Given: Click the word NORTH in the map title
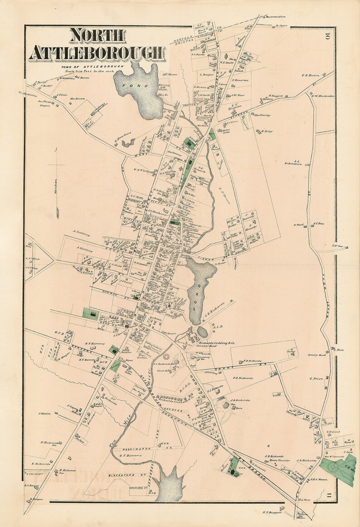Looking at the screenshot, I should pyautogui.click(x=97, y=36).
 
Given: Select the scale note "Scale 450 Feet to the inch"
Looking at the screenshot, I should pyautogui.click(x=85, y=71).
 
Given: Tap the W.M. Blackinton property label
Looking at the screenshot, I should pyautogui.click(x=323, y=95).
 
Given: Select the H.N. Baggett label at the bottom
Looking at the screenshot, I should pyautogui.click(x=272, y=513).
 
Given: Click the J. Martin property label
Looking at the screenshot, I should pyautogui.click(x=44, y=413).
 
